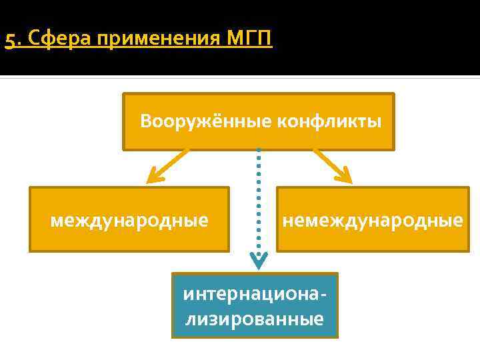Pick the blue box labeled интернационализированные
click(x=255, y=305)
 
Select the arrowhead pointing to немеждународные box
click(x=343, y=175)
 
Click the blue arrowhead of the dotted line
click(x=258, y=260)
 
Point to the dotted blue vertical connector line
click(x=258, y=200)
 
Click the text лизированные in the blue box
click(x=255, y=319)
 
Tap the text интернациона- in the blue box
click(x=255, y=293)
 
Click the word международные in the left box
click(x=129, y=219)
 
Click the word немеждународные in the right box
click(x=372, y=219)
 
